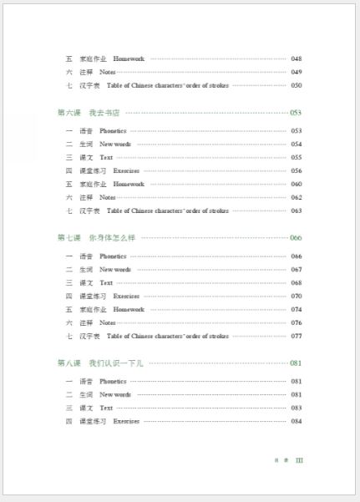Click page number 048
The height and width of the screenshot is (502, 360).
(296, 58)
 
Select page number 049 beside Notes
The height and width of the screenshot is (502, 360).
(296, 72)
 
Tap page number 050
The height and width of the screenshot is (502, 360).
(296, 85)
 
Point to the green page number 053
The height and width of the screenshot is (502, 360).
(296, 112)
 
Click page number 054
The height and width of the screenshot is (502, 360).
(296, 144)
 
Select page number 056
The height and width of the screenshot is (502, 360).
(296, 170)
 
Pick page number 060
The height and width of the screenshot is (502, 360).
(296, 184)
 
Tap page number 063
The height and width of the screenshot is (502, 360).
(296, 210)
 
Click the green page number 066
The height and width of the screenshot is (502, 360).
(296, 237)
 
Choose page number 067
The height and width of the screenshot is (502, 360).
(296, 269)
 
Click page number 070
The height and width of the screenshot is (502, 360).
(296, 296)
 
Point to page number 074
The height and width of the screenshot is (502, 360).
(296, 309)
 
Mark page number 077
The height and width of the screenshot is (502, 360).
(296, 336)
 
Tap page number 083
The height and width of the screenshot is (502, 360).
(296, 408)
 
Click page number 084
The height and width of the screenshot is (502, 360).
(296, 421)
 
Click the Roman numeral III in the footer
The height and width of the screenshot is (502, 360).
(299, 460)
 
